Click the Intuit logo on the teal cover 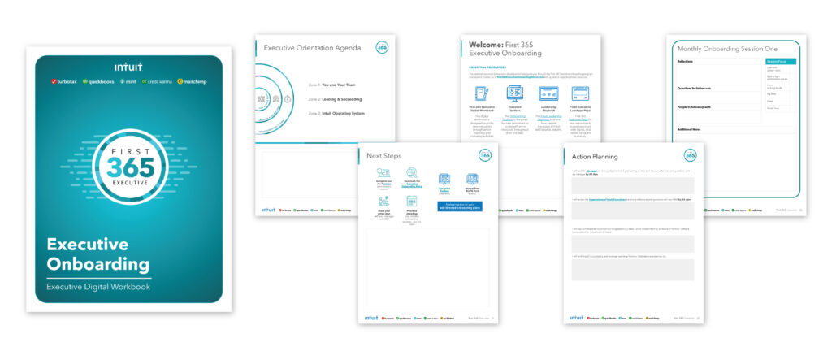(x=128, y=67)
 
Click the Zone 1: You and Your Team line (x=335, y=85)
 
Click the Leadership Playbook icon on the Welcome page (x=548, y=96)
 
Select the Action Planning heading (x=596, y=157)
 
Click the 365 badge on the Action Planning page (x=690, y=155)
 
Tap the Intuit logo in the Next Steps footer (x=373, y=316)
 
